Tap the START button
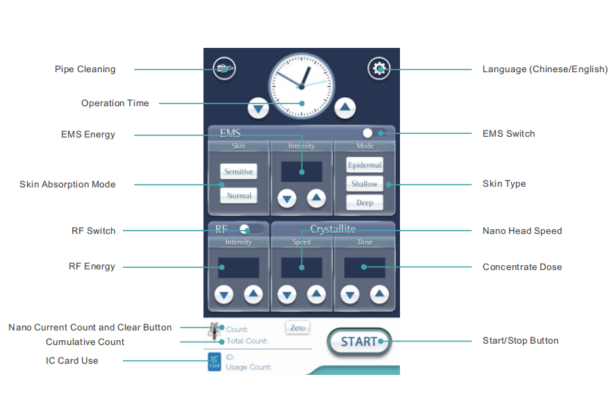click(x=359, y=342)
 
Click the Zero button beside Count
click(x=297, y=328)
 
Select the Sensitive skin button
click(x=238, y=171)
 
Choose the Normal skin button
click(x=238, y=196)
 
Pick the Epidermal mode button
click(x=365, y=165)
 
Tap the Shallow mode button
click(x=365, y=184)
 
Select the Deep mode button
click(x=365, y=203)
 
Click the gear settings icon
click(x=378, y=69)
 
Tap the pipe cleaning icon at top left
click(x=224, y=69)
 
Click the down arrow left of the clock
click(x=259, y=108)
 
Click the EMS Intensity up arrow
click(x=317, y=198)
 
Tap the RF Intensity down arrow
click(x=224, y=294)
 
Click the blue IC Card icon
click(x=214, y=362)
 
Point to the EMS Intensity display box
click(x=301, y=171)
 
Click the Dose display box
click(x=364, y=267)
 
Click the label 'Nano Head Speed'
click(x=522, y=230)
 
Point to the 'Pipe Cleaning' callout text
click(x=85, y=69)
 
